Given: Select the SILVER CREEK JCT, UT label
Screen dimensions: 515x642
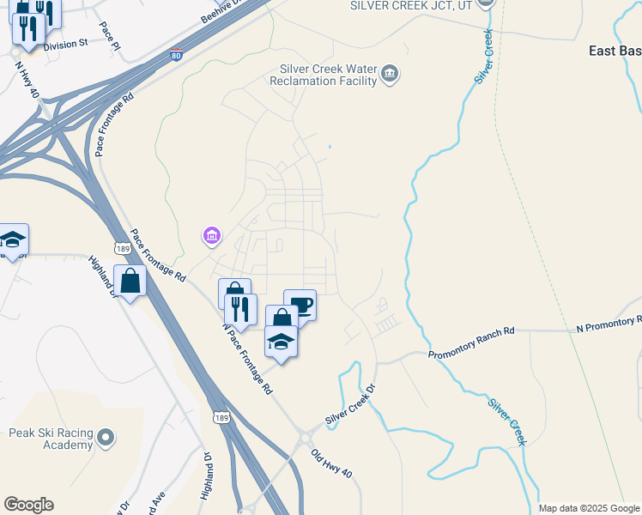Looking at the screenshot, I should click(411, 5).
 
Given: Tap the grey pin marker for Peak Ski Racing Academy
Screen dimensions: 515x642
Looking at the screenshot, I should click(106, 439).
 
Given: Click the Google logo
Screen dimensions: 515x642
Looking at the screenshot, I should click(28, 505).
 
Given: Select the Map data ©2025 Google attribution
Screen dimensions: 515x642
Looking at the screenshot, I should click(589, 508).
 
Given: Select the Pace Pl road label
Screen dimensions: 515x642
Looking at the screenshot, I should click(109, 37).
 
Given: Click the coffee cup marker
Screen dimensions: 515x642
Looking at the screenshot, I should click(300, 305).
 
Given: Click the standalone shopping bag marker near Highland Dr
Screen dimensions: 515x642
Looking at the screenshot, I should click(130, 282).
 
